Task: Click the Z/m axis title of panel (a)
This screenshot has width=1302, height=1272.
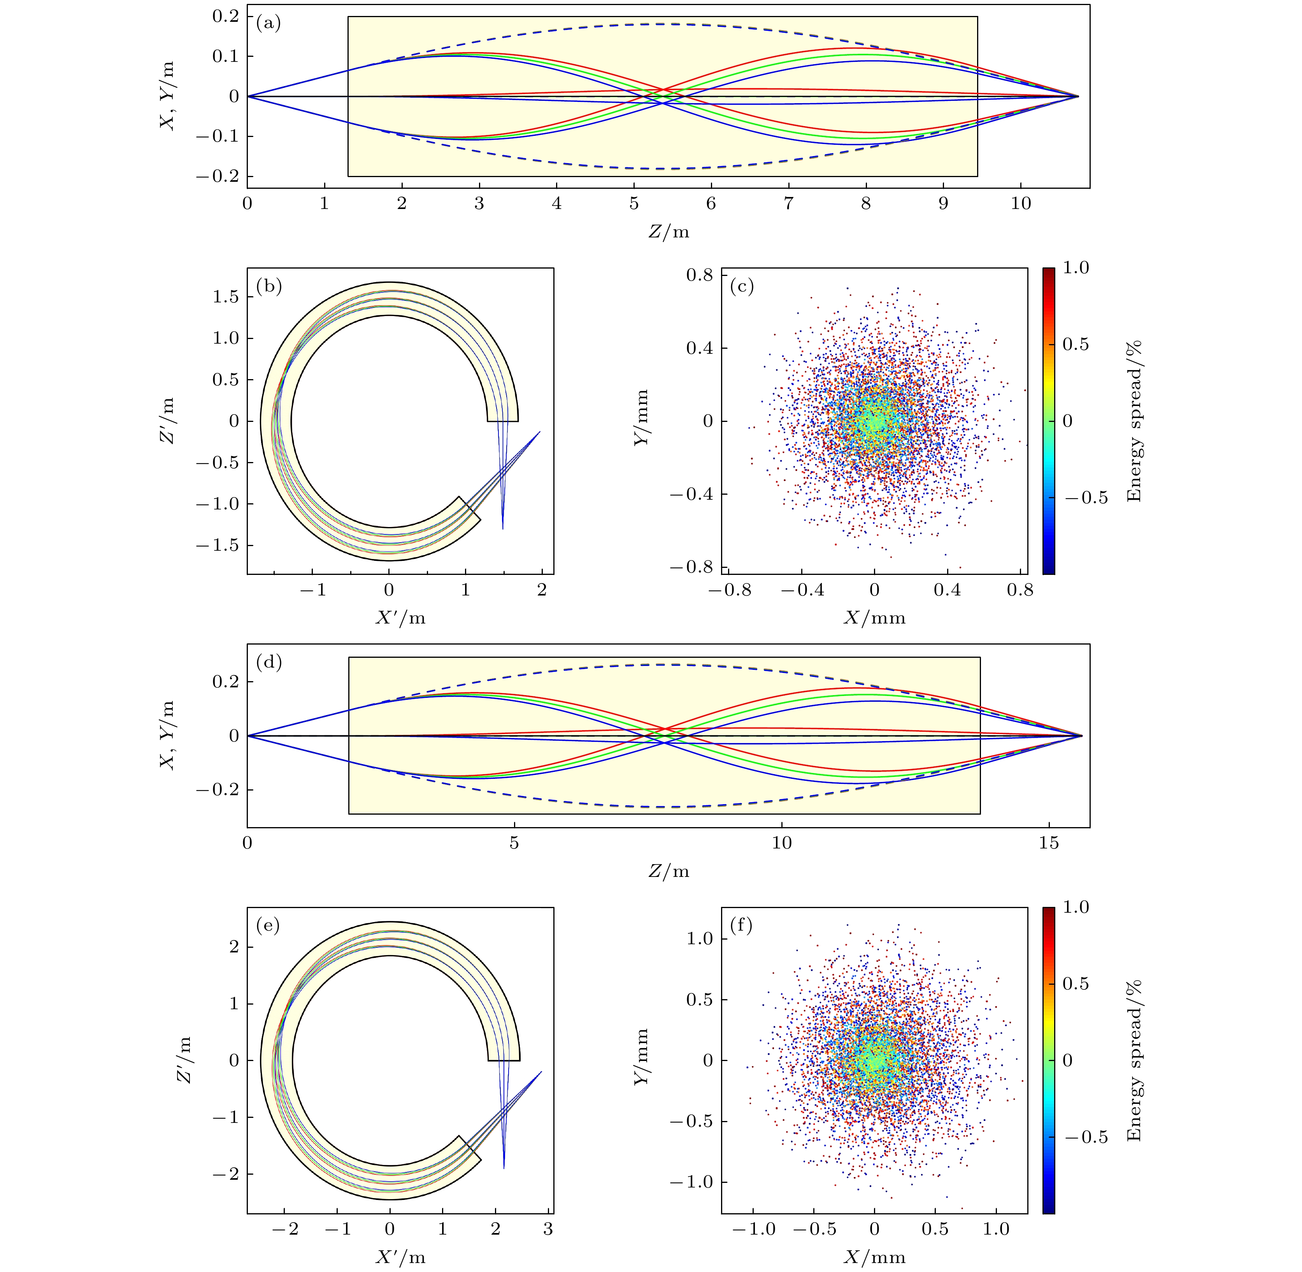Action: click(668, 232)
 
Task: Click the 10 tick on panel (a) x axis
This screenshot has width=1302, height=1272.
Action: click(1020, 203)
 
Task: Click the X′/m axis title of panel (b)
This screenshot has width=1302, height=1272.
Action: click(400, 618)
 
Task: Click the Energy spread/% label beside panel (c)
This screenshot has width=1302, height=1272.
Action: click(1134, 421)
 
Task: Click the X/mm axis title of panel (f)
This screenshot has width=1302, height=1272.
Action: click(874, 1257)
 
